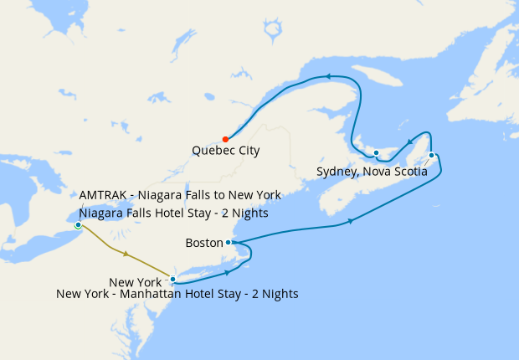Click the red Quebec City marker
click(224, 139)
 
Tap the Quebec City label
click(225, 152)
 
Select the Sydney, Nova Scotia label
click(372, 172)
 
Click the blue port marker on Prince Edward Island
click(377, 152)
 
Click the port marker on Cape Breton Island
click(431, 155)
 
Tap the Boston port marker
click(229, 242)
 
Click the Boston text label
click(203, 243)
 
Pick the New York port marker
click(172, 279)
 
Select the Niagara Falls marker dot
click(78, 224)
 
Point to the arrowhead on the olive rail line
click(125, 253)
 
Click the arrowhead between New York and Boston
click(227, 273)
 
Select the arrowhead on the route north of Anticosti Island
click(329, 76)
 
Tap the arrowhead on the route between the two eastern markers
click(409, 142)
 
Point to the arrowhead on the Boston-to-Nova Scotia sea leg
click(349, 221)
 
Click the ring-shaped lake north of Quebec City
click(273, 31)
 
